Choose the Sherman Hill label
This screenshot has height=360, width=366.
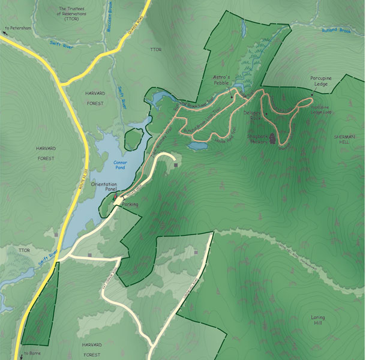pyautogui.click(x=344, y=140)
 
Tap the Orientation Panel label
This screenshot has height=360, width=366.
pyautogui.click(x=103, y=187)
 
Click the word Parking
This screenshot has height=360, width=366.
pyautogui.click(x=130, y=205)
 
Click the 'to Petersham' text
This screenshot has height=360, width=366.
pyautogui.click(x=18, y=28)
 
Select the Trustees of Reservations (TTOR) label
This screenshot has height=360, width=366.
pyautogui.click(x=72, y=13)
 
